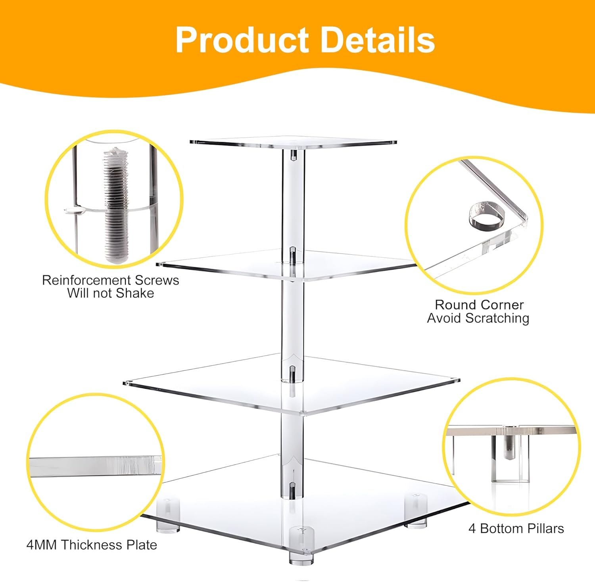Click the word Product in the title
[x=242, y=40]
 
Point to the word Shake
[x=135, y=293]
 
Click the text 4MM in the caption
[x=41, y=545]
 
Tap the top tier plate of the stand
[x=294, y=142]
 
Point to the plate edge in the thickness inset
[x=95, y=464]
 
